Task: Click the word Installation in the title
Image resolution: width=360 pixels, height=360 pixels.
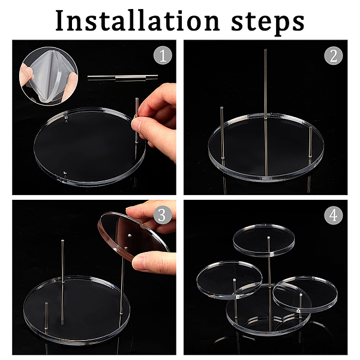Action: click(137, 20)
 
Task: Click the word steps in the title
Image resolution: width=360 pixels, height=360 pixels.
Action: click(268, 23)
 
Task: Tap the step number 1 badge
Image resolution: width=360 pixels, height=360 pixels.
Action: click(163, 55)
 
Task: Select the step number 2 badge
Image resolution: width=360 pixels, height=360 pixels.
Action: click(334, 56)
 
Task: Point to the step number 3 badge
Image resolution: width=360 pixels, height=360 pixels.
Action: click(163, 215)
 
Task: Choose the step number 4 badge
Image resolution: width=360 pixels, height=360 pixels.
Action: click(334, 215)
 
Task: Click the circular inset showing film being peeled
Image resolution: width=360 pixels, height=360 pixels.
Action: click(49, 76)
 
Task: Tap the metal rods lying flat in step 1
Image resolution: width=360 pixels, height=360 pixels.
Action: click(122, 77)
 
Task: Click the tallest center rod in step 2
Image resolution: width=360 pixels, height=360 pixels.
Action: click(266, 113)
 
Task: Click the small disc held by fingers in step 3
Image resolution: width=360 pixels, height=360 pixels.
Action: click(133, 236)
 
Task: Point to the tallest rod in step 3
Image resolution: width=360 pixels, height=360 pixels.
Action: click(62, 282)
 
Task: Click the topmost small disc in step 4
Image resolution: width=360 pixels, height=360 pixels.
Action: click(264, 240)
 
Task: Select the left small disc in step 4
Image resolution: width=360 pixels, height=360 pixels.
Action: click(229, 280)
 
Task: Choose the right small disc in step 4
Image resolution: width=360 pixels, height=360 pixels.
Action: click(305, 295)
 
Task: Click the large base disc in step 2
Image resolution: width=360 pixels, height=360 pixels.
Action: click(266, 147)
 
